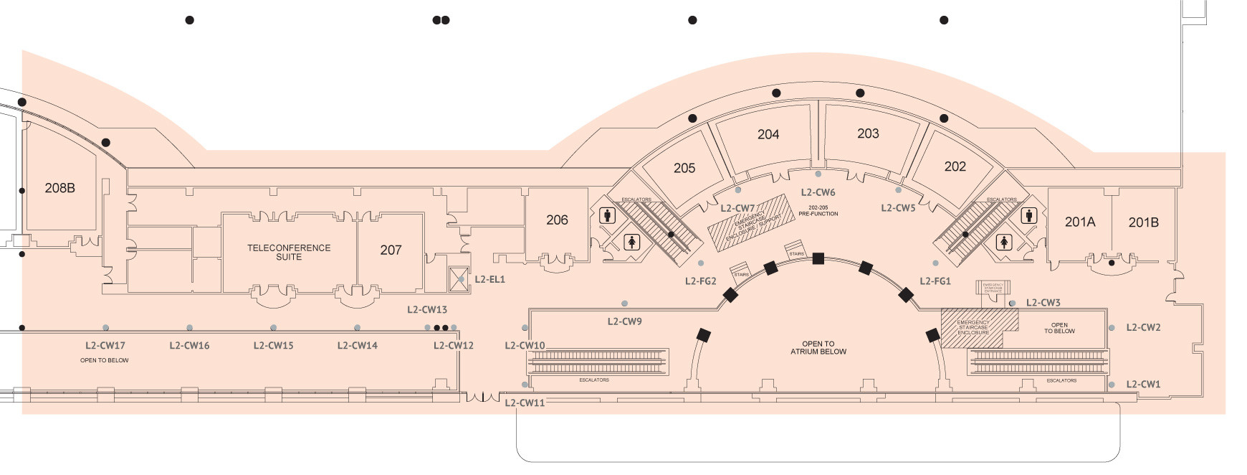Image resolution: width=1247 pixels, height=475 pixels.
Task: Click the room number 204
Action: (x=768, y=134)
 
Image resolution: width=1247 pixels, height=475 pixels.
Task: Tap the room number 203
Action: (x=868, y=133)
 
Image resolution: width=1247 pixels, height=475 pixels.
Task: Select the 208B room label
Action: (x=59, y=188)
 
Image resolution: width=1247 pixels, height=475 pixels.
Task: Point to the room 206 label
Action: (x=557, y=220)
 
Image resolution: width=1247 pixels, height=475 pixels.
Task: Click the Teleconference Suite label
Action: (x=289, y=252)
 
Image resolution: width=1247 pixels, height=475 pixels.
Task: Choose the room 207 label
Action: (x=391, y=250)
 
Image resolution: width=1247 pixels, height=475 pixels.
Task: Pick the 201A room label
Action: (x=1080, y=222)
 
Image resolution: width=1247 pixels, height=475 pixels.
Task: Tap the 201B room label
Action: (x=1143, y=222)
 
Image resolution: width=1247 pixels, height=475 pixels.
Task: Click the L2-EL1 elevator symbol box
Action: (x=459, y=278)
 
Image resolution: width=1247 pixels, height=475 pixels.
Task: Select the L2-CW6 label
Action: (x=818, y=192)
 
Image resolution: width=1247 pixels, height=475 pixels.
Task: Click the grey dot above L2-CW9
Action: (x=625, y=304)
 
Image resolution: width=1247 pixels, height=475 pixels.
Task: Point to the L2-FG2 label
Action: (x=700, y=281)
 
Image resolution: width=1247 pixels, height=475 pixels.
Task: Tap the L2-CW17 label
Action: (x=105, y=345)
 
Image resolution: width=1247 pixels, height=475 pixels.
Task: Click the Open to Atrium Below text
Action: (x=818, y=348)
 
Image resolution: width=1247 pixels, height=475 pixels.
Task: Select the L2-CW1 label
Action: (x=1143, y=384)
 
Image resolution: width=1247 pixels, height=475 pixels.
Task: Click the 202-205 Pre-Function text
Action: (x=818, y=211)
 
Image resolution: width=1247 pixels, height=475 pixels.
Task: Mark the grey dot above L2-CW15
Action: (x=273, y=328)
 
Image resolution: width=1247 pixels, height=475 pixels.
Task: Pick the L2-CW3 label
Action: (x=1043, y=303)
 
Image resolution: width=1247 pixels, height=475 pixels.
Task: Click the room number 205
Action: (x=684, y=168)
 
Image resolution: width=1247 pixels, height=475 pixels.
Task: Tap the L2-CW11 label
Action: (x=525, y=403)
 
